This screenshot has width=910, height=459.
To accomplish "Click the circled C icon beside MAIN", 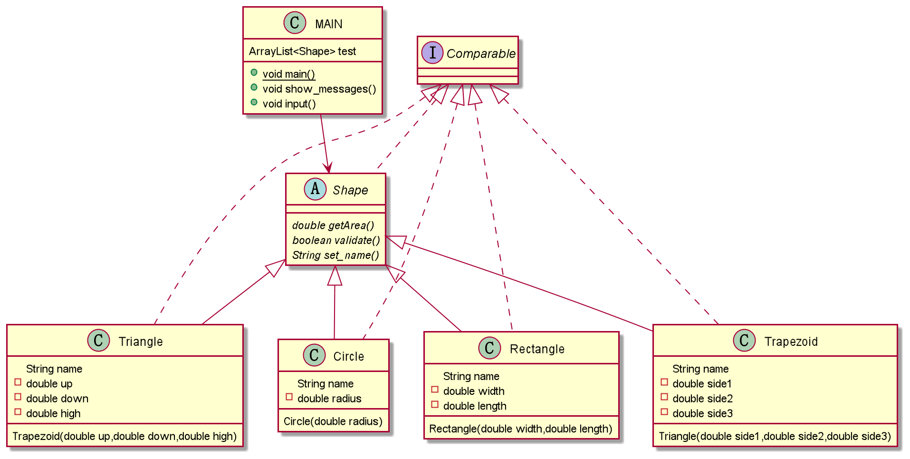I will pyautogui.click(x=295, y=23).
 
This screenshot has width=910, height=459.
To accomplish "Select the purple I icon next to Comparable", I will pyautogui.click(x=432, y=52).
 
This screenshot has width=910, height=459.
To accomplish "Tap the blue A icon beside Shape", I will pyautogui.click(x=315, y=189).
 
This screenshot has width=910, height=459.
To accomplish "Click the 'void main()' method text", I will pyautogui.click(x=289, y=74).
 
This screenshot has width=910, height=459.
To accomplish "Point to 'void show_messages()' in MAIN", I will pyautogui.click(x=319, y=89).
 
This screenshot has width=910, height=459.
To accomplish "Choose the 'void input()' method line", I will pyautogui.click(x=289, y=104).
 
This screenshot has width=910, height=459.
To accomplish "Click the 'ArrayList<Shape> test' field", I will pyautogui.click(x=302, y=51).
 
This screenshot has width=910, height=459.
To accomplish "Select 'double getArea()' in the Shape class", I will pyautogui.click(x=333, y=225).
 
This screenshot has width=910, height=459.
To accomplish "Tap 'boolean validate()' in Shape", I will pyautogui.click(x=336, y=240).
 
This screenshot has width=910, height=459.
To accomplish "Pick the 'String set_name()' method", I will pyautogui.click(x=335, y=255).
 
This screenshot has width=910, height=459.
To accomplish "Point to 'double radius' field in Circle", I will pyautogui.click(x=329, y=399).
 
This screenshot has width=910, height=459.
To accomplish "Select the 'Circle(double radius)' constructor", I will pyautogui.click(x=333, y=421).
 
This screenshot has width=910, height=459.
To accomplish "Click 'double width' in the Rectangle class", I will pyautogui.click(x=474, y=391).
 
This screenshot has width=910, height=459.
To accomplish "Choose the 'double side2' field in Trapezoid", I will pyautogui.click(x=702, y=399).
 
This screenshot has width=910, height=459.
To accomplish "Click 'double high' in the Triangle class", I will pyautogui.click(x=53, y=414).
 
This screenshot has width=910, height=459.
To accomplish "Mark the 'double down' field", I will pyautogui.click(x=57, y=399).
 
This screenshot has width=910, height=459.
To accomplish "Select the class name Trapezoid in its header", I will pyautogui.click(x=791, y=342).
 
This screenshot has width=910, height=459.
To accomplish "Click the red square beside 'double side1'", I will pyautogui.click(x=664, y=382).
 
